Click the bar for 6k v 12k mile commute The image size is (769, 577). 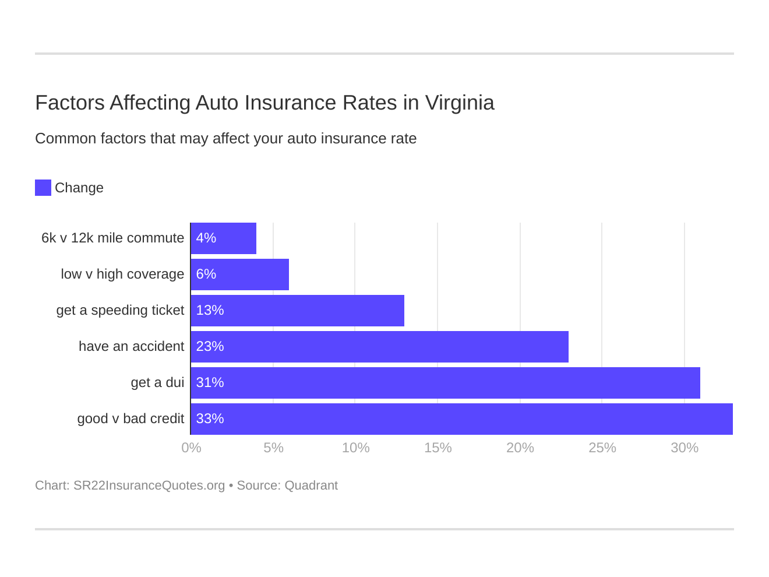click(x=224, y=238)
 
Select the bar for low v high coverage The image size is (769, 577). click(x=240, y=275)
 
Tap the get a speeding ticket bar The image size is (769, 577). click(x=298, y=311)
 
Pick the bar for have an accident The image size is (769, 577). click(x=380, y=347)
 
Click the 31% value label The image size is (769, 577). click(x=210, y=383)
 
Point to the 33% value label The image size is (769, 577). click(x=210, y=419)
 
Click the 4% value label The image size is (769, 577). click(x=206, y=238)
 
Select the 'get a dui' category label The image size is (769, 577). click(x=157, y=383)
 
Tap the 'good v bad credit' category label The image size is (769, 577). click(x=130, y=419)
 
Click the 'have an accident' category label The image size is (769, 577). click(x=131, y=347)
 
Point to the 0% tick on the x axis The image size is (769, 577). click(x=191, y=448)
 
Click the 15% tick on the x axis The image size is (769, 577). click(x=438, y=448)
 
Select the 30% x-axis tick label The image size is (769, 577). click(x=684, y=448)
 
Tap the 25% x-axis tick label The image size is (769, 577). click(x=602, y=448)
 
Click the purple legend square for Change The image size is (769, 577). click(x=43, y=188)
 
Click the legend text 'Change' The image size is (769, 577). click(x=79, y=188)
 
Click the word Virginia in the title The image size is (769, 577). click(x=459, y=103)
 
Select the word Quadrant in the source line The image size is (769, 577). click(x=311, y=485)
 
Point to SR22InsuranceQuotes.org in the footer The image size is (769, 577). click(x=149, y=485)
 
